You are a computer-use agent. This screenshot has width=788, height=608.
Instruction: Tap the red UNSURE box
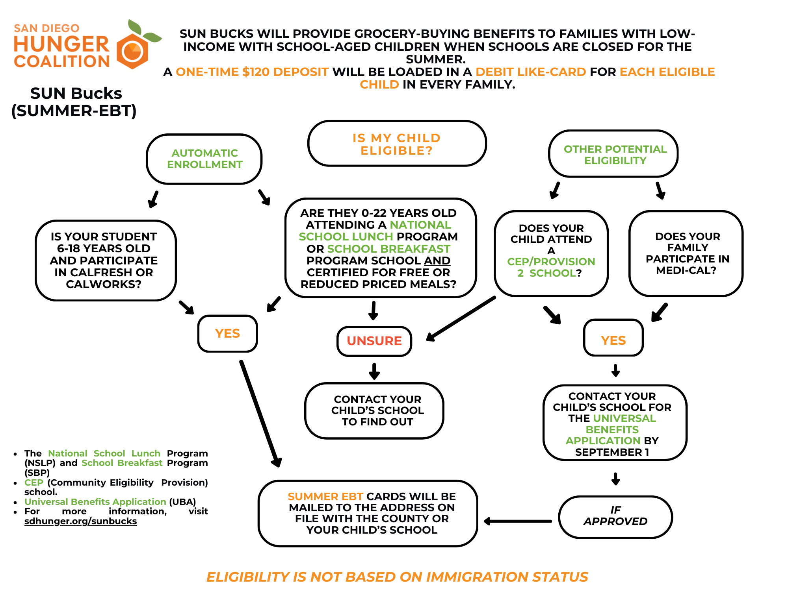tap(374, 341)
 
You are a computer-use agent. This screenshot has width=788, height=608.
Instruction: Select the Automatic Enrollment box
tap(204, 159)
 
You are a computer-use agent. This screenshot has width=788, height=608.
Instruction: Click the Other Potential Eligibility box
tap(614, 155)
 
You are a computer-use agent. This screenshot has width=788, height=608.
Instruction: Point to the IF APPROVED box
tap(615, 516)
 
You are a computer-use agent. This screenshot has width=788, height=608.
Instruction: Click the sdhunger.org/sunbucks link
tap(80, 521)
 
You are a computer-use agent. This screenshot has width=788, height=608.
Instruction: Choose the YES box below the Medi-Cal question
tap(613, 340)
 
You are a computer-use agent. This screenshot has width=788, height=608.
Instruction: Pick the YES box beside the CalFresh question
tap(227, 333)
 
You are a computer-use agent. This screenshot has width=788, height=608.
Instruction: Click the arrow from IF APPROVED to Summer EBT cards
tap(518, 521)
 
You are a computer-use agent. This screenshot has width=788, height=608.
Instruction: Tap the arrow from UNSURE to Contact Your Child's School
tap(374, 371)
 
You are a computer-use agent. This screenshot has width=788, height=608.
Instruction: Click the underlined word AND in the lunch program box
tap(437, 261)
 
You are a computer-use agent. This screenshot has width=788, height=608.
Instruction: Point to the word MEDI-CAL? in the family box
tap(686, 270)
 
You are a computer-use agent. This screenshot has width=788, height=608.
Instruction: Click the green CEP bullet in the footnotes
tap(33, 482)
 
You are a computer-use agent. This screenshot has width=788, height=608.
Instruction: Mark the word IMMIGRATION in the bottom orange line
tap(477, 577)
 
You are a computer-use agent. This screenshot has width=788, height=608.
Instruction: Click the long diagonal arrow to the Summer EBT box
tap(260, 413)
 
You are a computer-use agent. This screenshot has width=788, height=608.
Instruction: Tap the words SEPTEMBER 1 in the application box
tap(612, 452)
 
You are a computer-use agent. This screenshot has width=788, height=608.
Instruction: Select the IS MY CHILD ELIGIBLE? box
tap(397, 144)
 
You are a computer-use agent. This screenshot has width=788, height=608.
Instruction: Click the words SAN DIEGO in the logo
tap(46, 28)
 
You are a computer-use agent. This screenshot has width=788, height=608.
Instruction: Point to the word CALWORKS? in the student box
tap(104, 284)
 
